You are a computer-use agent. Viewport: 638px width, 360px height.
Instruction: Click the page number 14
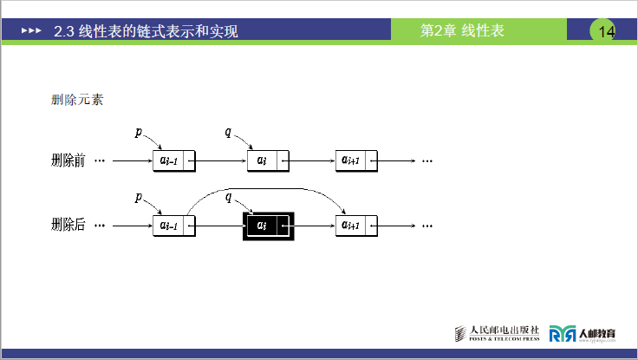point(606,32)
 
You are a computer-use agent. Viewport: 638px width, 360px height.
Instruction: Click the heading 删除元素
point(78,100)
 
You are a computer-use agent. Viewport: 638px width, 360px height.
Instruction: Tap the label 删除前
point(68,160)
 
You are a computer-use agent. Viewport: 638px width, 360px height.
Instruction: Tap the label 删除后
point(68,226)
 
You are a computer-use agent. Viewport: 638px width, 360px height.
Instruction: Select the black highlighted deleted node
point(267,226)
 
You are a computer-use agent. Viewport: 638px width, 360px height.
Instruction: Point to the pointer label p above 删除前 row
point(139,132)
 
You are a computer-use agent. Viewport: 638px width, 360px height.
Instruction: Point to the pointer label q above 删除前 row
point(228,132)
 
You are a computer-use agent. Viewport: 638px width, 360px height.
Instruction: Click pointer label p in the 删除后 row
point(139,197)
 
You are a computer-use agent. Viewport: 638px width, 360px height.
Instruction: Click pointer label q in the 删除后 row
point(228,197)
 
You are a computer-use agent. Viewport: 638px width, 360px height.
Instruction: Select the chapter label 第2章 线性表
point(462,31)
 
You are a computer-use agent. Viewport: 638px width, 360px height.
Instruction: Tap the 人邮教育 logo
point(583,333)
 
